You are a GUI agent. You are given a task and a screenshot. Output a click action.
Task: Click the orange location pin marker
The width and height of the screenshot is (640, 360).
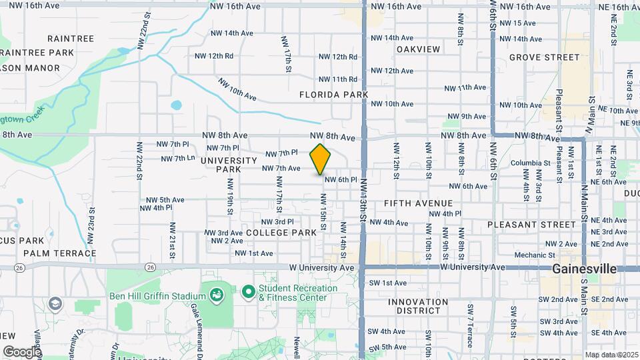pos(320,159)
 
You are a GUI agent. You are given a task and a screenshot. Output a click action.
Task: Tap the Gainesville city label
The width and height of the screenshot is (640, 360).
pos(584,269)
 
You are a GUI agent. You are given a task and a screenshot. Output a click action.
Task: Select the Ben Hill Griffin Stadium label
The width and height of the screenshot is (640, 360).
pos(157,296)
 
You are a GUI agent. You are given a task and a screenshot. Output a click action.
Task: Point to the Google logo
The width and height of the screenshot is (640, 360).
pos(22,351)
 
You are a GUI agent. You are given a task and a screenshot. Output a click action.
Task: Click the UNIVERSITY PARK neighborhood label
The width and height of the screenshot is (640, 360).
pos(229,165)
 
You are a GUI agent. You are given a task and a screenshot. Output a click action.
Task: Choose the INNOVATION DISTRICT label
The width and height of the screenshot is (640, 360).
pos(418,307)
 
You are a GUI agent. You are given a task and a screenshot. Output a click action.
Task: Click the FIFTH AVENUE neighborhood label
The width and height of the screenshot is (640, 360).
pos(418,203)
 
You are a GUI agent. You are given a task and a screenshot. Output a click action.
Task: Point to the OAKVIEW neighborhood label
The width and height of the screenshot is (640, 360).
pos(418,49)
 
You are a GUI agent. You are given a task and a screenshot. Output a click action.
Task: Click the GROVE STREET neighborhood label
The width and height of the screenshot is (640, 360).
pos(544,57)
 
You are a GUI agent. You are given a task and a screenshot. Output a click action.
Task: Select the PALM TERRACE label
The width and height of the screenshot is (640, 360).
pos(59,253)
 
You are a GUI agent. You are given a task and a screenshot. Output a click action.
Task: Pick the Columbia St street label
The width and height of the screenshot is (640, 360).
pos(530,163)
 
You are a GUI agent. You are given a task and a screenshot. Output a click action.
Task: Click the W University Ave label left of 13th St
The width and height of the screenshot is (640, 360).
pos(321,267)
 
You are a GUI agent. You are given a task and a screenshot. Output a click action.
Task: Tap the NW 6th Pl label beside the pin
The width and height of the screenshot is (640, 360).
pos(341,179)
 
